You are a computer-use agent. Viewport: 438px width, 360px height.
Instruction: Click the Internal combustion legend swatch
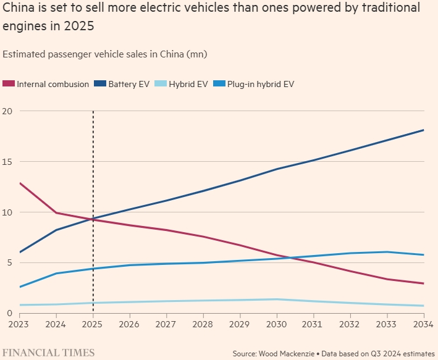tap(9, 84)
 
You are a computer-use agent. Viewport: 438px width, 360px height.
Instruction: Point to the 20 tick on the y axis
tap(8, 111)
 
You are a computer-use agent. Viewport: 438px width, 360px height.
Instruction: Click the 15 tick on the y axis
tap(8, 162)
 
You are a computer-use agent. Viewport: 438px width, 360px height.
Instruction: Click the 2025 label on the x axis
tap(93, 323)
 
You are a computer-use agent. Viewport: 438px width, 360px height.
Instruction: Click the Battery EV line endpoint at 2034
tap(423, 130)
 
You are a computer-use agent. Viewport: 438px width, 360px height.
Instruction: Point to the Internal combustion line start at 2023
tap(20, 183)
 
